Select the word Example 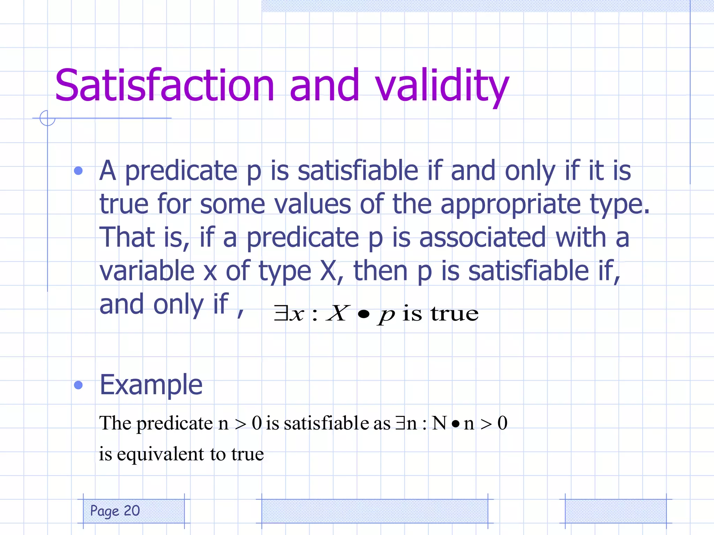151,385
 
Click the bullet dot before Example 78,385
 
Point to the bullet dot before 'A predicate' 78,171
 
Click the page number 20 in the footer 132,511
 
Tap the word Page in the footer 105,511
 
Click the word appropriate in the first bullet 510,205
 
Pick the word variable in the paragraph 147,271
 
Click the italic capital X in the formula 337,313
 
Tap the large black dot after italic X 363,315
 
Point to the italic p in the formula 386,316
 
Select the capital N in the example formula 439,424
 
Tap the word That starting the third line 127,238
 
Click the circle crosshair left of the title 47,118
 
